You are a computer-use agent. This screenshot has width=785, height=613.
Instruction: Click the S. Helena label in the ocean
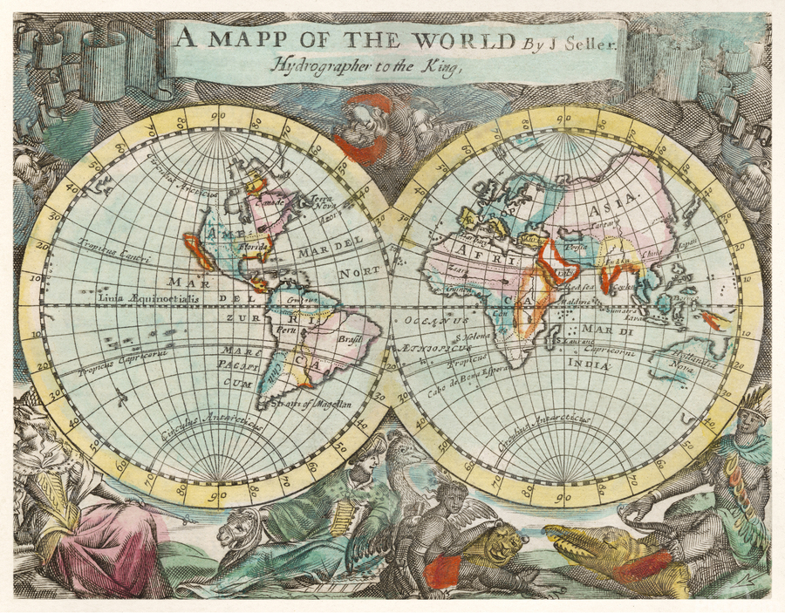467,337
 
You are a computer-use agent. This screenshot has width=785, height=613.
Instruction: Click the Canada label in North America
267,203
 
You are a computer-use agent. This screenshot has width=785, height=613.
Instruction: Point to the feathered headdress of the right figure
753,404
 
